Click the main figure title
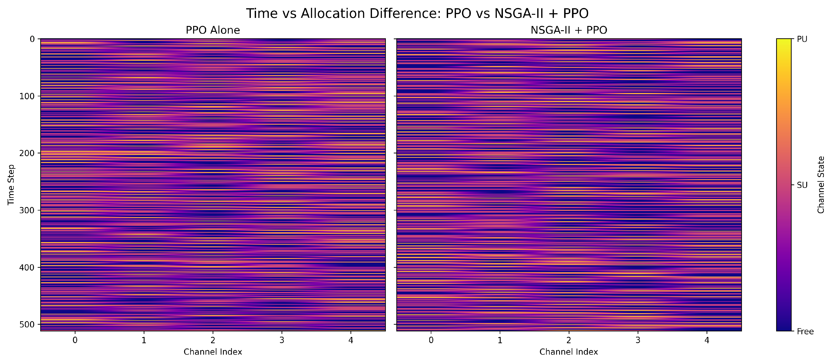417,13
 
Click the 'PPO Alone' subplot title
213,30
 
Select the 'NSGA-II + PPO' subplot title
569,30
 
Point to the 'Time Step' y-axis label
11,184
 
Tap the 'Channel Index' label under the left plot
213,352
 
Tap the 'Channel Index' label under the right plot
569,352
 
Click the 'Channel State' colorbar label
821,184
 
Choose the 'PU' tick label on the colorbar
802,39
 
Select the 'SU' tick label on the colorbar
802,185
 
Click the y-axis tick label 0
32,39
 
